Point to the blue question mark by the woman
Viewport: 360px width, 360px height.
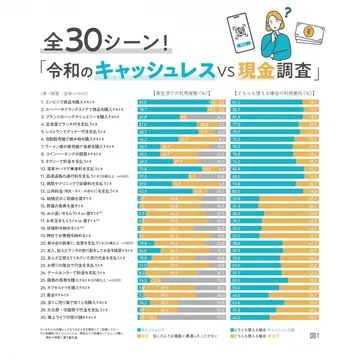[x=259, y=11]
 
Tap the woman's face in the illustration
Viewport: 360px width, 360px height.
[x=283, y=27]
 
